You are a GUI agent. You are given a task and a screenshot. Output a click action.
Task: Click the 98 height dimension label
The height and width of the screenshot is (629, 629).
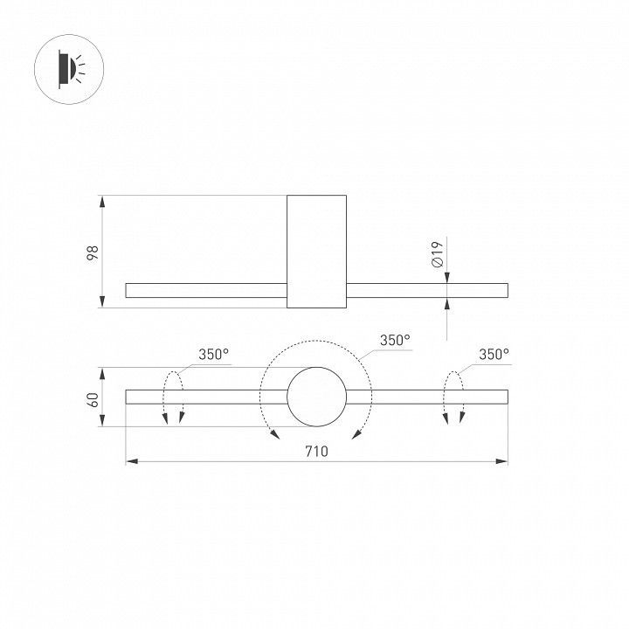[93, 252]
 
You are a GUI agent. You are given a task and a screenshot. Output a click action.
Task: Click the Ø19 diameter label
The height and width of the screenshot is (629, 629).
[438, 254]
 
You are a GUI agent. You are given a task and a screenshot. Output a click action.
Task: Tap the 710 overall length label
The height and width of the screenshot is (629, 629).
[316, 452]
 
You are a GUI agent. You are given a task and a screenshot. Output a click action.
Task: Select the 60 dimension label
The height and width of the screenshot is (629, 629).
[93, 399]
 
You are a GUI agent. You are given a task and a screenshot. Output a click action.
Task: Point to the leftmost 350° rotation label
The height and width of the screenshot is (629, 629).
[213, 354]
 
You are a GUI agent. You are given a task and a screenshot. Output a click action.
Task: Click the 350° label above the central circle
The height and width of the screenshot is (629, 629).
[395, 340]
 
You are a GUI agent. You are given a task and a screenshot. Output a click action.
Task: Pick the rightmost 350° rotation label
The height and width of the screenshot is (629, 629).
[494, 354]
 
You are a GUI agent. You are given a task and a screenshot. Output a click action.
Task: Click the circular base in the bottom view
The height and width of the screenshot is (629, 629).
[316, 397]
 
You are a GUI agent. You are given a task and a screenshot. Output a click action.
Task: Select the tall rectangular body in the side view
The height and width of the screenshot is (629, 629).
[316, 252]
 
